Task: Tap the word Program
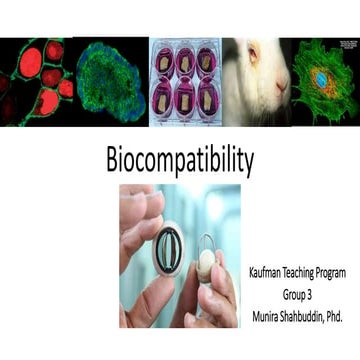(343, 270)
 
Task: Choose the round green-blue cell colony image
(111, 80)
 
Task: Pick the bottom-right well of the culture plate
(208, 100)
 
